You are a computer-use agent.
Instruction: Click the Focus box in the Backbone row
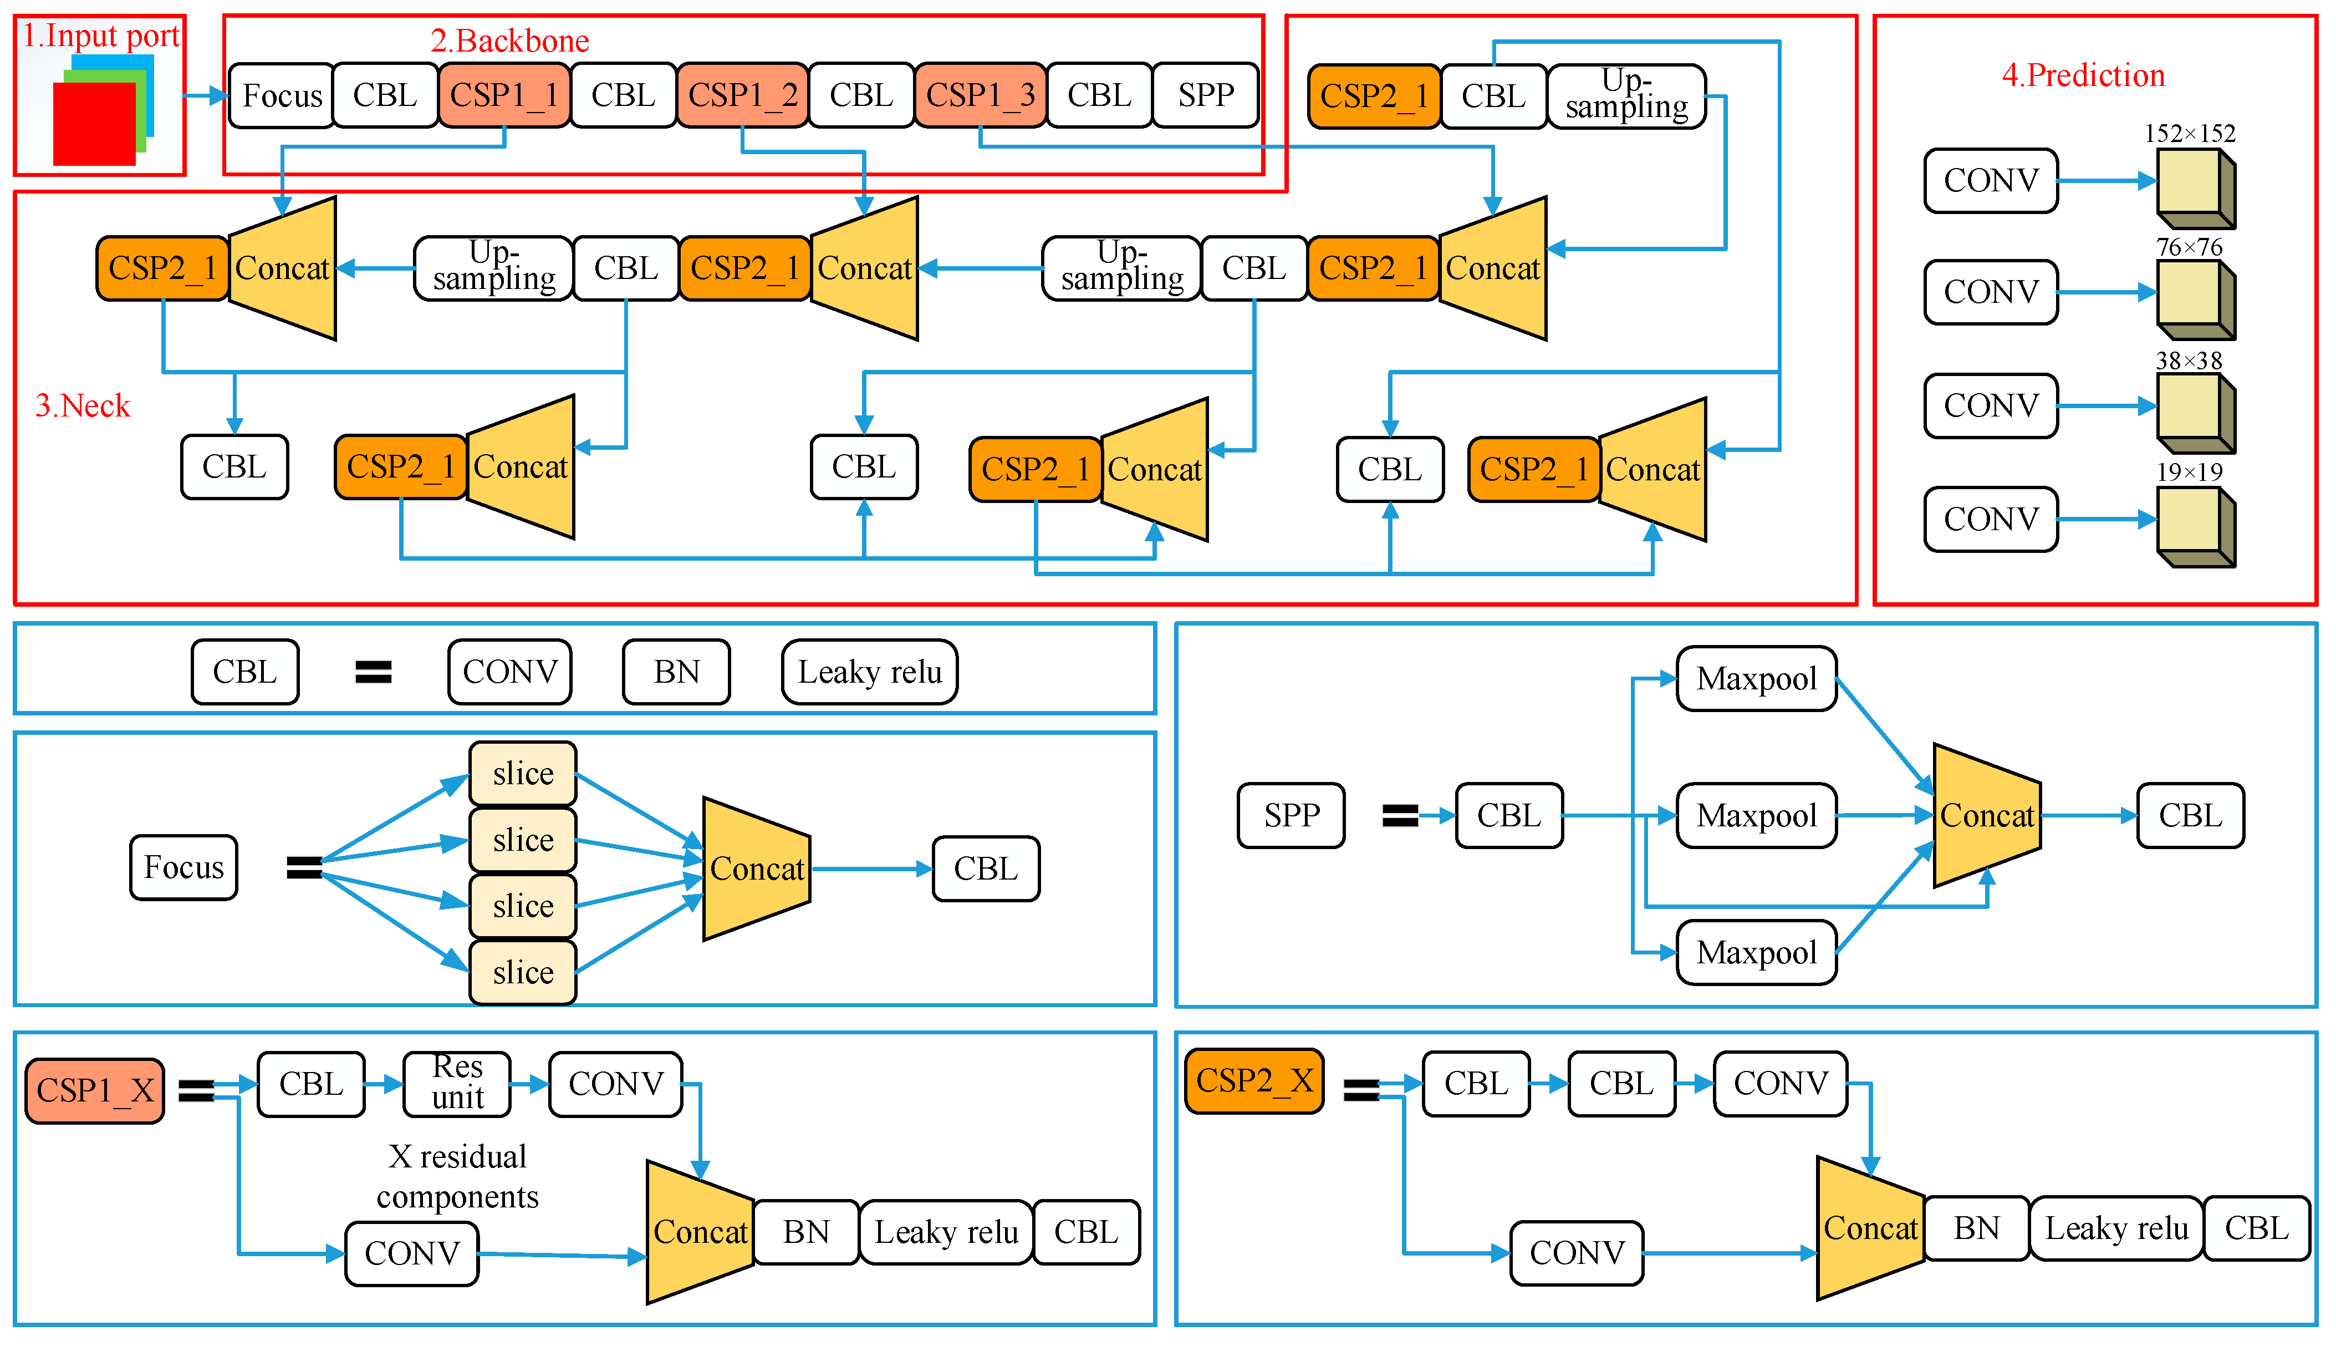[x=282, y=95]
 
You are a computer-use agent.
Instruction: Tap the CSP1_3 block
[x=981, y=95]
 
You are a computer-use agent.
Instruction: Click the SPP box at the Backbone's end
[x=1206, y=95]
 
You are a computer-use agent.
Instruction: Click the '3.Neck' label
[x=82, y=406]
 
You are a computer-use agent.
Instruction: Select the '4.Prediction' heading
[x=2083, y=75]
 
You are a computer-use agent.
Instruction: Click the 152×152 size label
[x=2189, y=133]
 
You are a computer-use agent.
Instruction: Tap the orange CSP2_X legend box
[x=1254, y=1081]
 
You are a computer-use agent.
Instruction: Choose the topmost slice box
[x=523, y=774]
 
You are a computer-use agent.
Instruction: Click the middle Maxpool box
[x=1756, y=815]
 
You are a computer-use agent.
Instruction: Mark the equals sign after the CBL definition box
[x=373, y=672]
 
